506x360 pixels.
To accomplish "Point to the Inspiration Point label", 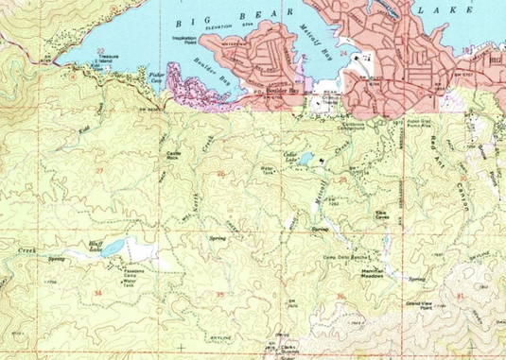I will (x=197, y=40).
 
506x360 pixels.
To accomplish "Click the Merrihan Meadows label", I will (x=377, y=273).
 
